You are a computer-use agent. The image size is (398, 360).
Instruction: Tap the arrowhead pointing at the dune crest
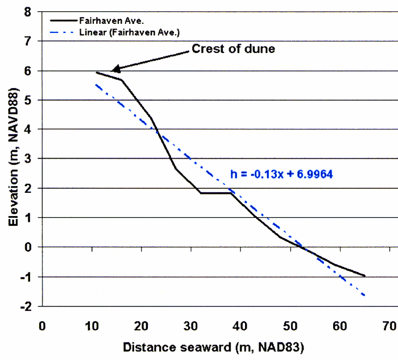coord(113,70)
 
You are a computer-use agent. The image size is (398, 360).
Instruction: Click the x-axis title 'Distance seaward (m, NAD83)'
coord(214,346)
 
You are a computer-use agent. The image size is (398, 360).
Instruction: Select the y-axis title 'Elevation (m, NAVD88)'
coord(10,158)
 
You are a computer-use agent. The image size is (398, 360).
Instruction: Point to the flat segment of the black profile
coord(216,193)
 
